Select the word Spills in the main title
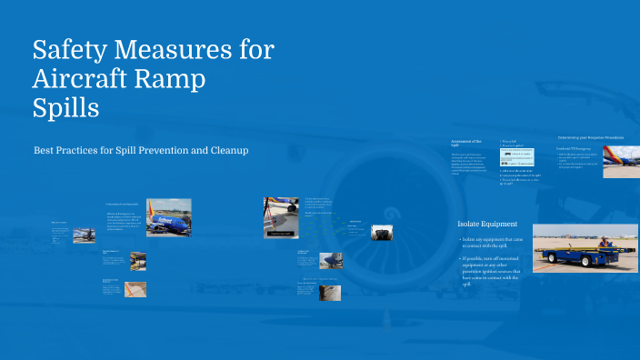click(x=65, y=108)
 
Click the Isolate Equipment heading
click(x=487, y=224)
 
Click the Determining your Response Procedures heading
click(x=590, y=137)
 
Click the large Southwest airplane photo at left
click(x=168, y=218)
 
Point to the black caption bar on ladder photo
click(x=278, y=234)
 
